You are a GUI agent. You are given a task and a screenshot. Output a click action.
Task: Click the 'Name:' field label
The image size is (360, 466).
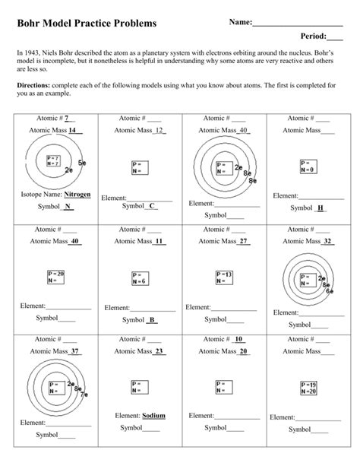pos(240,23)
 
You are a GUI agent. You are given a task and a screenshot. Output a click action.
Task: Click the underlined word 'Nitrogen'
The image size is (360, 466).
pos(77,195)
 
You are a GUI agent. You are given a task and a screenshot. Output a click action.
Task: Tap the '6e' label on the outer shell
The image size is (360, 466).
pos(329,290)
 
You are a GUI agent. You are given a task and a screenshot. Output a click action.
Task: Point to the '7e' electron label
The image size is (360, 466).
pos(84,395)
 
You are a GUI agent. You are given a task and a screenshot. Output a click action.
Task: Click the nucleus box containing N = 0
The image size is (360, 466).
pos(308,166)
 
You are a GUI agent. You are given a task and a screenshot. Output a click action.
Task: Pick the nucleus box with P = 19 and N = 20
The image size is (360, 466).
pos(308,388)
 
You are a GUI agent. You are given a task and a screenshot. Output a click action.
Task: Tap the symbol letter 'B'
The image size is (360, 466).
pos(153,319)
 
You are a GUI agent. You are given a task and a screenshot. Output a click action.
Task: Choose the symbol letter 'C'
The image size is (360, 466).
pos(153,205)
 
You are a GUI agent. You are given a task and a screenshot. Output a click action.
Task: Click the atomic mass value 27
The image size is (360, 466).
pos(243,241)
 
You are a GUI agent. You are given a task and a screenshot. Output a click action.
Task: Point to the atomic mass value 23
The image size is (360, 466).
pos(159,351)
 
